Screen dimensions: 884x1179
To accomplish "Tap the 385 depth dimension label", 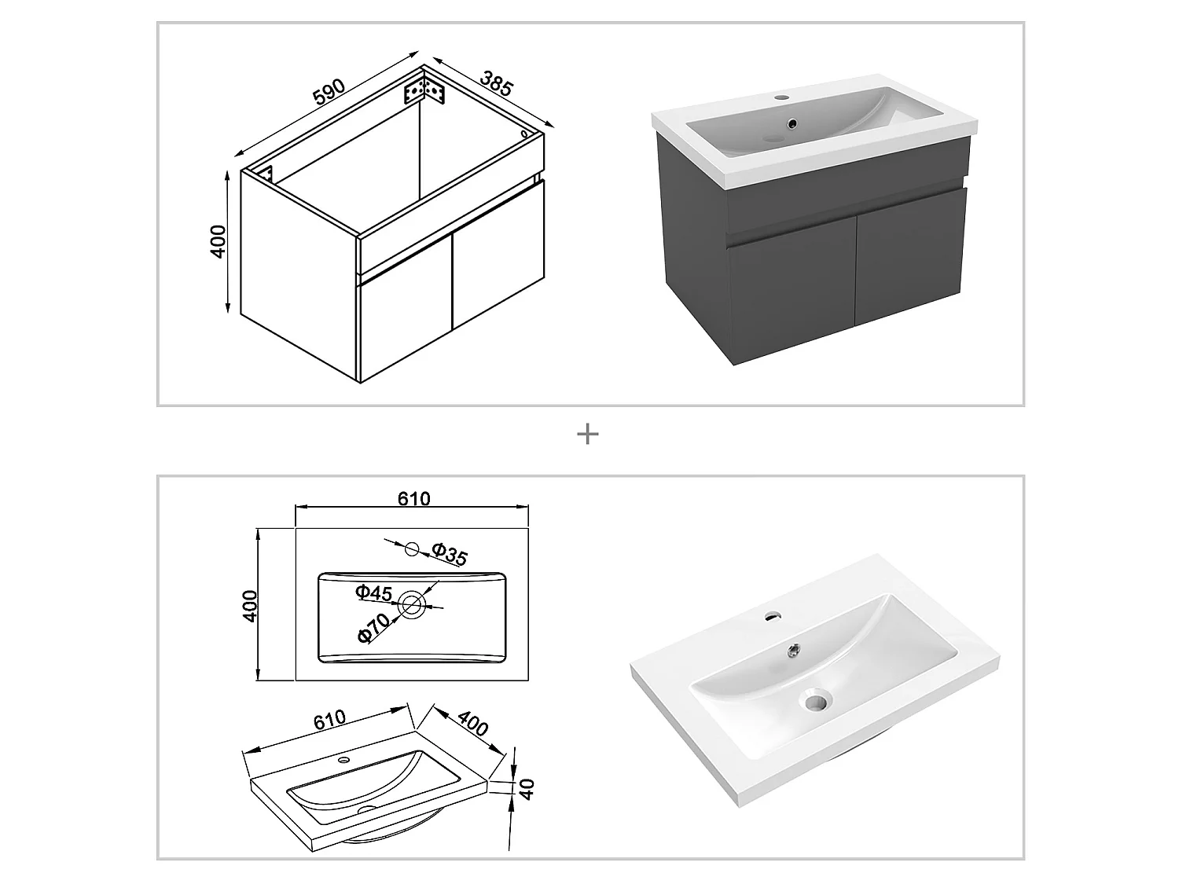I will point(496,84).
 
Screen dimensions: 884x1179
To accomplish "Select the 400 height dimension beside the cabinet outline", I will point(219,241).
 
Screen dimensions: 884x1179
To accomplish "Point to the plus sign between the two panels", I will point(587,434).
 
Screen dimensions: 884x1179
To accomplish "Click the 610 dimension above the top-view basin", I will point(414,498).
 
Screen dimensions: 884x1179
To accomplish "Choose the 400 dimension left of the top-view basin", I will point(250,606).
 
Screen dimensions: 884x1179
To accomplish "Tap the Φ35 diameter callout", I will point(450,555).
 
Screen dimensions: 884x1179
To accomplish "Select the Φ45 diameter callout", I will point(373,592).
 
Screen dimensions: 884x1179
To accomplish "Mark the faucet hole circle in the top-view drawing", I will point(413,549).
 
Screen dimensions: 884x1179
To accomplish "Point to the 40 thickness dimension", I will point(527,788).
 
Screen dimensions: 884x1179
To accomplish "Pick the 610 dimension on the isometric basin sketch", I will point(328,718).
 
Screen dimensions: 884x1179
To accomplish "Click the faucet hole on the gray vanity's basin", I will point(781,98).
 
